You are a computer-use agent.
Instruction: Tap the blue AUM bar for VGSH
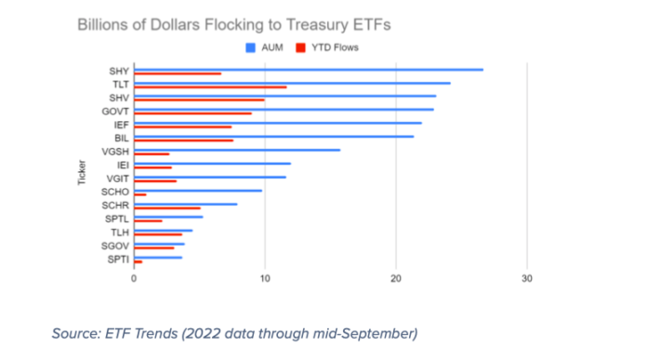(x=238, y=149)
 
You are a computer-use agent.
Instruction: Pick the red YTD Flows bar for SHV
(x=200, y=100)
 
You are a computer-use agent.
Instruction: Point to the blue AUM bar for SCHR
(x=186, y=203)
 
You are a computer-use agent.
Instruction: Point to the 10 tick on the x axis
(x=266, y=277)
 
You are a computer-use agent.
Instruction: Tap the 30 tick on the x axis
(x=528, y=277)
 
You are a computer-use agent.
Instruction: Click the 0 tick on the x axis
(x=135, y=277)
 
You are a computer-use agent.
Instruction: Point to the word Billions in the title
(x=104, y=23)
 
